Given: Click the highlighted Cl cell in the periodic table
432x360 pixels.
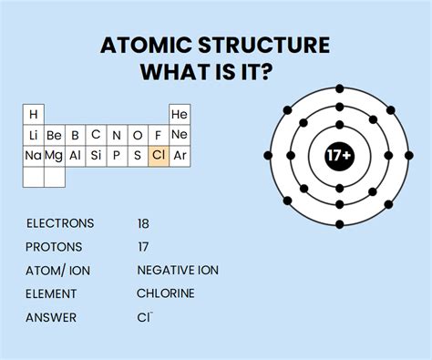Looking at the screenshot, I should pos(159,155).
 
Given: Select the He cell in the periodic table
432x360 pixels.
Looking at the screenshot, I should pos(180,115).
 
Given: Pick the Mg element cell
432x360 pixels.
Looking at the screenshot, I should pos(54,155).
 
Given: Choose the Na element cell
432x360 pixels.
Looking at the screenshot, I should pos(33,155).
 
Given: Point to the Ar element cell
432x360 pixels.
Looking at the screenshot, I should pos(180,155).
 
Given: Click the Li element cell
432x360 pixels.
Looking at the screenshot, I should pos(33,135).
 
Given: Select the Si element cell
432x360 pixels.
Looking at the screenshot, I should pos(96,155).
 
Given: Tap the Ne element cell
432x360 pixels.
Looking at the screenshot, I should pos(180,135).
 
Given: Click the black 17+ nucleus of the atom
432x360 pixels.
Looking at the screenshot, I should pos(339,156).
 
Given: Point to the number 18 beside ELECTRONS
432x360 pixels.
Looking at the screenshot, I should pos(143,223).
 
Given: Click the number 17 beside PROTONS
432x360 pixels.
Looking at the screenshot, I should pos(143,247).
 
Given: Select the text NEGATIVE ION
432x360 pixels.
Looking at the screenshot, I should pos(178,271).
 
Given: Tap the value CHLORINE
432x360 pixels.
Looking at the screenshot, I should pos(166,293).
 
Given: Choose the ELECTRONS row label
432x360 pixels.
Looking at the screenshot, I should pos(60,223).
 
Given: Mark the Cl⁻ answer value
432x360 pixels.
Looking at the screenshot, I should pos(145,317).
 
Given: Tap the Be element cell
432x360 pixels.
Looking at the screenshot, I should pos(54,135).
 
